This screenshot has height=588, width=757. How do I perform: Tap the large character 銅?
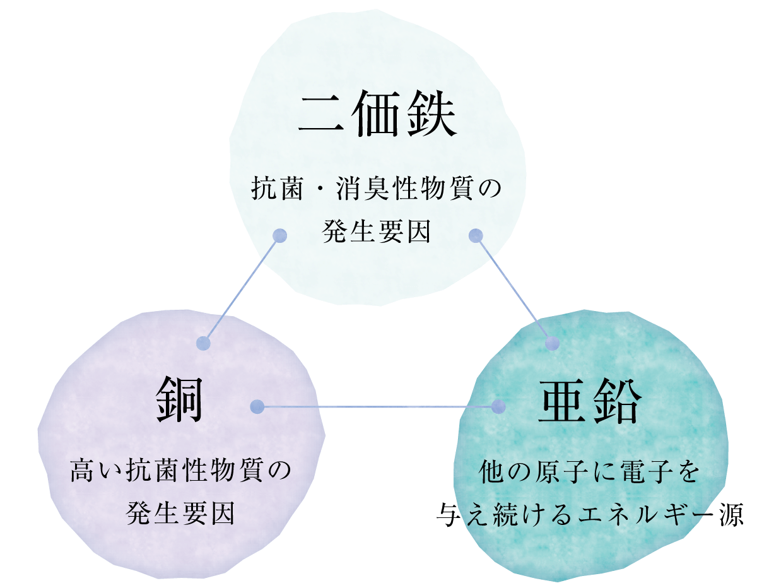pos(179,399)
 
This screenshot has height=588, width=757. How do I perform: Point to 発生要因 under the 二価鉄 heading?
pos(377,232)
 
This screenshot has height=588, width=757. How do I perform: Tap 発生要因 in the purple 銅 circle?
pos(180,513)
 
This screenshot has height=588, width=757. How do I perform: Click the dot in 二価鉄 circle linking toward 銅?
pos(279,235)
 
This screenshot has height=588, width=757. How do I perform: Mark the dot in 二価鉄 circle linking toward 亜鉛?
pos(476,236)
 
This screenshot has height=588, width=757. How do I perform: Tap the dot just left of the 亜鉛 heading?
pos(499,406)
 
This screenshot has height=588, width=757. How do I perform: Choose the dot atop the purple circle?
pos(203,343)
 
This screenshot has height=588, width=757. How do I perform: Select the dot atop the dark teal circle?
pos(553,343)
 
